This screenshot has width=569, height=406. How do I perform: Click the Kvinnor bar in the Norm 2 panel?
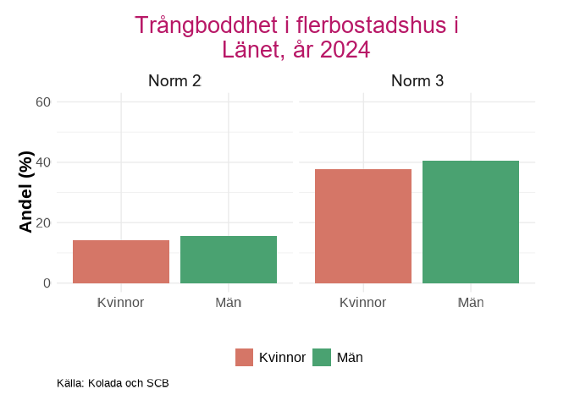tap(121, 261)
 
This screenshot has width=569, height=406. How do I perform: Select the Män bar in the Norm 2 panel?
tap(229, 260)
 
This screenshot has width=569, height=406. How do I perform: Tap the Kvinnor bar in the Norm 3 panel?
tap(363, 226)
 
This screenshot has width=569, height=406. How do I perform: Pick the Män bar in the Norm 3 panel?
tap(471, 222)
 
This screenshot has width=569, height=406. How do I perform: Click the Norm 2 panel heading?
tap(174, 81)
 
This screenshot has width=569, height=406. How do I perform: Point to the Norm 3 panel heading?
tap(417, 81)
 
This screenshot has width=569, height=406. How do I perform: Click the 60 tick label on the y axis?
tap(43, 102)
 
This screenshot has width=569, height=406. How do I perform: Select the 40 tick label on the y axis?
tap(43, 162)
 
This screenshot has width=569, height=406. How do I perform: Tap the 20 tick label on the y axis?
tap(43, 223)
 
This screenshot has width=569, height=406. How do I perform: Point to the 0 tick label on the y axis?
tap(47, 283)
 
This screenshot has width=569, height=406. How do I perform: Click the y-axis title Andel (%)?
tap(26, 192)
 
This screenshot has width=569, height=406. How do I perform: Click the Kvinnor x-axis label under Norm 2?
tap(121, 302)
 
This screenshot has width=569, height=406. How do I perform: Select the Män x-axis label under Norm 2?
tap(229, 302)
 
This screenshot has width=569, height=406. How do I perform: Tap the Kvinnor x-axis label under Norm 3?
tap(363, 302)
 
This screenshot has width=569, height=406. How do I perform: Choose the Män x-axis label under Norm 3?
tap(471, 302)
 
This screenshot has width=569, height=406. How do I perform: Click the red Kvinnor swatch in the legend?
tap(245, 357)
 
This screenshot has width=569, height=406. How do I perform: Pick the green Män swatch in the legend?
tap(322, 357)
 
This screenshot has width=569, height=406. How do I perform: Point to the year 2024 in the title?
tap(345, 50)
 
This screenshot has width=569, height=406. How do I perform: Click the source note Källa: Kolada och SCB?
tap(113, 383)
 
